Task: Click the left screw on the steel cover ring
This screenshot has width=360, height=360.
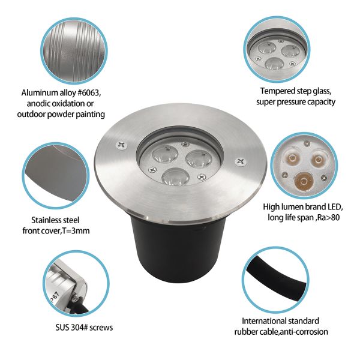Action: click(121, 145)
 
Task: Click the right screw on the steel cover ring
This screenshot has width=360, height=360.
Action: click(241, 162)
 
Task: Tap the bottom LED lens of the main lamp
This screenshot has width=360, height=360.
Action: click(175, 176)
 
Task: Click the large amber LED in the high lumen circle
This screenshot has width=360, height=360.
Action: click(304, 181)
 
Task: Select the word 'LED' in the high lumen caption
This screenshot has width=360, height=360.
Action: click(334, 207)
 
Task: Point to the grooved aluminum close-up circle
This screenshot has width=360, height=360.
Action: click(74, 51)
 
